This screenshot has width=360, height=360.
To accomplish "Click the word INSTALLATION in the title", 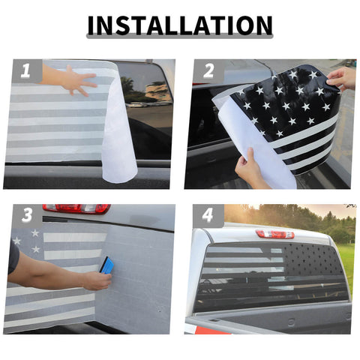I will [x=179, y=25].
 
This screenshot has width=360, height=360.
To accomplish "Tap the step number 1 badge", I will [x=26, y=72].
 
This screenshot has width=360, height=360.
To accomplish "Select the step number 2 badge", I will [x=208, y=72].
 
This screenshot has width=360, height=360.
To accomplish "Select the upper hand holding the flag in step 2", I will [x=343, y=77].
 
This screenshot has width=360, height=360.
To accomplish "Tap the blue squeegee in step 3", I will [x=108, y=266].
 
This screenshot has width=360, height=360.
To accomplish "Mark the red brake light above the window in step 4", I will [x=274, y=234].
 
